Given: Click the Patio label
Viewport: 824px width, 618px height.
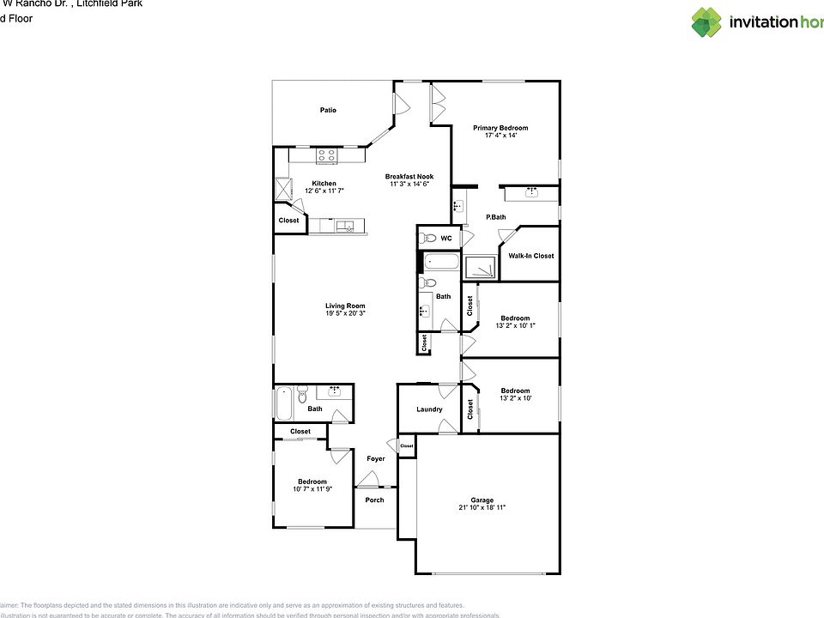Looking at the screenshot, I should point(328,110).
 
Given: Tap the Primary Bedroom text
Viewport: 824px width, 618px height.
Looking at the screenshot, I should point(500,128).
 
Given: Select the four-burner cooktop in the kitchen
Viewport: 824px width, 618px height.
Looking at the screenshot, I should point(326,155).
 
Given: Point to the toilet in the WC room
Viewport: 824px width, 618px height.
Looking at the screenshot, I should point(428,238).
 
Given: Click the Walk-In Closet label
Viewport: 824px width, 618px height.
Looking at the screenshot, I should point(530,256).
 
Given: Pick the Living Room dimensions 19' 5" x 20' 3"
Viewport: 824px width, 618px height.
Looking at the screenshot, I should point(345,314).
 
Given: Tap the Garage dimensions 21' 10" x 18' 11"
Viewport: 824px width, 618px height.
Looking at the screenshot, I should point(482,508).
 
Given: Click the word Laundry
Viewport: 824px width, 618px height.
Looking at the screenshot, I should point(429,409).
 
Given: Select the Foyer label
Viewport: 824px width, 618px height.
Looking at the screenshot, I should point(376,458).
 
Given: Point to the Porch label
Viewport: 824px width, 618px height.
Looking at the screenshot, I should point(374,500).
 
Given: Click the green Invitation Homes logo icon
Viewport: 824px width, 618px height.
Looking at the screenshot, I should point(706,22).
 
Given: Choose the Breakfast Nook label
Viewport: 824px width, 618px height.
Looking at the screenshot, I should point(409,176).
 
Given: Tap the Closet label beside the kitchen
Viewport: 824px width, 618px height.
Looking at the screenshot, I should point(288,221).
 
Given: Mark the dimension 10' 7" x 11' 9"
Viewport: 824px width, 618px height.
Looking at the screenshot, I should point(312,489).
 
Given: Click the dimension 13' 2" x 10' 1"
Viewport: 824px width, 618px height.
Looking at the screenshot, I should point(515,325).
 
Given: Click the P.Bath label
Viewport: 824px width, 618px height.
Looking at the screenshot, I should point(495,217).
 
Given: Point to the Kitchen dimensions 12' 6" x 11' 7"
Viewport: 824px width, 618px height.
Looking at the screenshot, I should point(324,191).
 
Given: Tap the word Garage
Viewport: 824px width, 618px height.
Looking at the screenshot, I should point(482,500).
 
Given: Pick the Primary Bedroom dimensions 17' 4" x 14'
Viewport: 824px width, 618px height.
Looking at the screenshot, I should point(500,136).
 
